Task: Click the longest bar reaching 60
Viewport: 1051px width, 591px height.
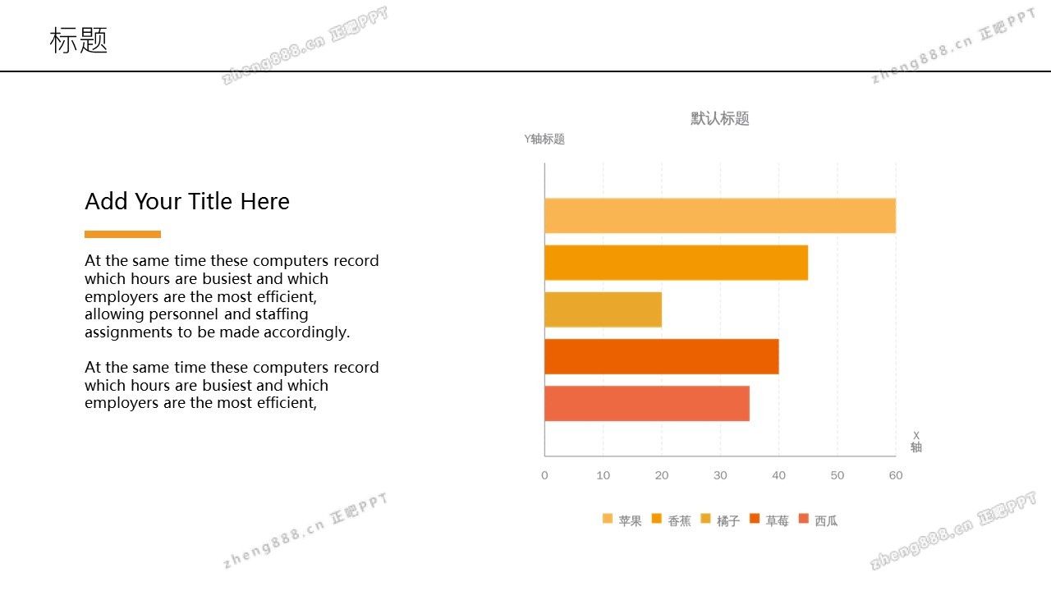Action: pyautogui.click(x=719, y=216)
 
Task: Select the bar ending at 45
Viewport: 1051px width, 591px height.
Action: pyautogui.click(x=676, y=263)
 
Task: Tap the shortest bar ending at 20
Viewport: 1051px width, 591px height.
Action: pyautogui.click(x=603, y=309)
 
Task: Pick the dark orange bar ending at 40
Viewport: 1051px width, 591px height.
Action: pyautogui.click(x=661, y=356)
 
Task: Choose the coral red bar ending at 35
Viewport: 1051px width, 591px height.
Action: pyautogui.click(x=646, y=403)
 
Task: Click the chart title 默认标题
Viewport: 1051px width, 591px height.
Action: pyautogui.click(x=720, y=119)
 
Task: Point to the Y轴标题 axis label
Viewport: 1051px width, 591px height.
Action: pyautogui.click(x=544, y=140)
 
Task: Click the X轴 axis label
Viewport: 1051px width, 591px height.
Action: pyautogui.click(x=916, y=442)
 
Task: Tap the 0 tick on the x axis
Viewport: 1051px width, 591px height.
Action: pyautogui.click(x=544, y=475)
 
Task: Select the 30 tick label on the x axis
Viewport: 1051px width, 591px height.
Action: pyautogui.click(x=720, y=475)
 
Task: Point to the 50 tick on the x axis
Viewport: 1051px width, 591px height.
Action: pyautogui.click(x=838, y=475)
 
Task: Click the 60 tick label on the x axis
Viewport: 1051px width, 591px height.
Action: pyautogui.click(x=896, y=475)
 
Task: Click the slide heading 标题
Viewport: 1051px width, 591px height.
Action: pyautogui.click(x=79, y=40)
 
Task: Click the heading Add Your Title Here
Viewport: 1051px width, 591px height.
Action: pyautogui.click(x=187, y=201)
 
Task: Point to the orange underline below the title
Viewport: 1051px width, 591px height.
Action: pyautogui.click(x=122, y=235)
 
